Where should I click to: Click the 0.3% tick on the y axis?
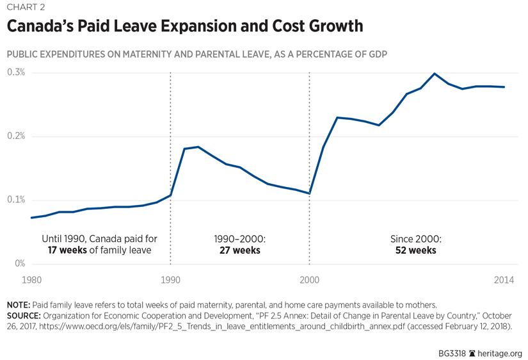(16, 72)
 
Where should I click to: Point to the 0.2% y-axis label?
(16, 136)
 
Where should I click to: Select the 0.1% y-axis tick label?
(16, 200)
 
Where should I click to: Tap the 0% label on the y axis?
(19, 263)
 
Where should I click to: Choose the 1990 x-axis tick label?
(170, 280)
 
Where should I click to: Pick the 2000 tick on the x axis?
(309, 280)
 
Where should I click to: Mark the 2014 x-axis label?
(504, 280)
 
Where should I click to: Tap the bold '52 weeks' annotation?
(415, 250)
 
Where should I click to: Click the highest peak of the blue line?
(435, 74)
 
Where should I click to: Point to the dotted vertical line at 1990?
(170, 160)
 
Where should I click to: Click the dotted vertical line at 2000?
(309, 160)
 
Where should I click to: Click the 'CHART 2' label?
(26, 7)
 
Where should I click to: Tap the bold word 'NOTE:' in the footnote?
(20, 305)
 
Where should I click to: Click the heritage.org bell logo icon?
(472, 353)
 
